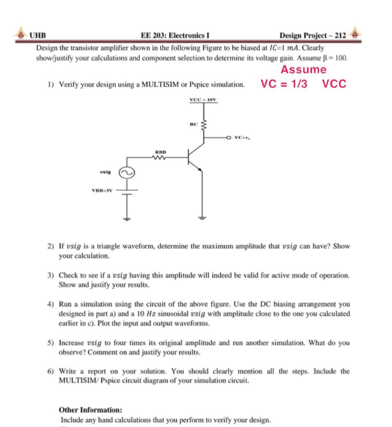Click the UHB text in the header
[x=37, y=35]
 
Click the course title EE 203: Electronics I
[x=176, y=35]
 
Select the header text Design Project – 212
[x=313, y=35]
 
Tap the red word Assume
[x=303, y=70]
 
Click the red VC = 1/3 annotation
[x=284, y=84]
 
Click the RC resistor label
[x=194, y=123]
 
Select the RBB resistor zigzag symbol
[x=160, y=157]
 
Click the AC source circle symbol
[x=127, y=173]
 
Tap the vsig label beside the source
[x=105, y=173]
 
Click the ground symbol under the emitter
[x=202, y=218]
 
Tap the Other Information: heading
[x=90, y=410]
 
